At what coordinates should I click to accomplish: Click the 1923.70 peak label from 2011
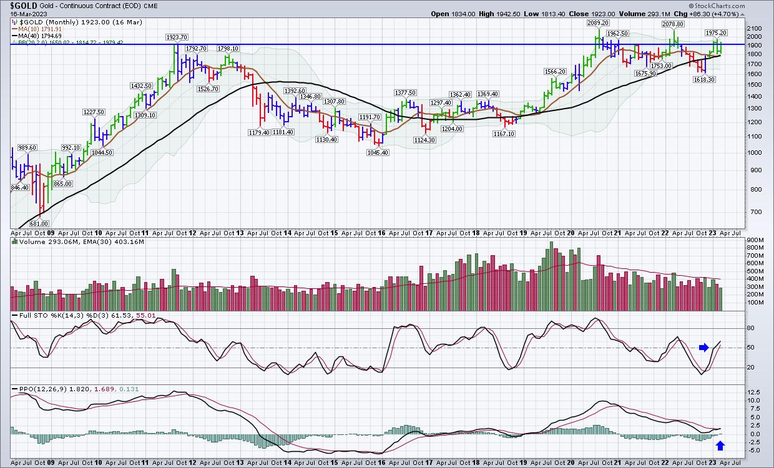coord(177,37)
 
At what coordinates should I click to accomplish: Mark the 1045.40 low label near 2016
coord(378,152)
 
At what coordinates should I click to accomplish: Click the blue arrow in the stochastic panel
coord(704,348)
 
